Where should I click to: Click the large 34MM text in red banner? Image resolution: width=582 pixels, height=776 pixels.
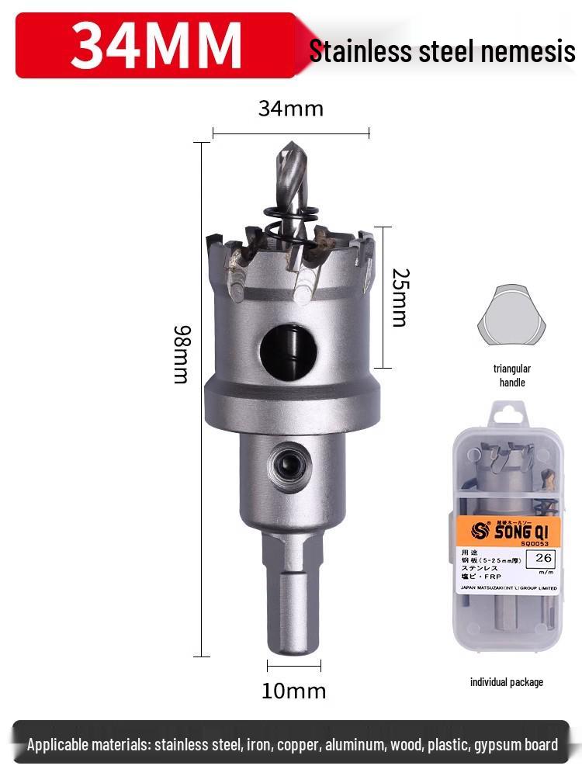tap(156, 45)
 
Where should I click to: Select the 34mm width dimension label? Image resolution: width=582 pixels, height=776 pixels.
tap(290, 109)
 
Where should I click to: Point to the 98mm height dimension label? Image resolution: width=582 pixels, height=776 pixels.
tap(181, 354)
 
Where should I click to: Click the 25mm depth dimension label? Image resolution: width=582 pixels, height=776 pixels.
tap(399, 297)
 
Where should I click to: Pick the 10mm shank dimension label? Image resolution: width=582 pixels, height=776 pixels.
tap(293, 690)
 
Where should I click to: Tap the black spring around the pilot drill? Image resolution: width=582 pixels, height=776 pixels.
tap(290, 225)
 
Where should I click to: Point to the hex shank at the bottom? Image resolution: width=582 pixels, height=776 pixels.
tap(293, 598)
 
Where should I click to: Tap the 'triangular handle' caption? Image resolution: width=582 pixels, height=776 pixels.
tap(511, 376)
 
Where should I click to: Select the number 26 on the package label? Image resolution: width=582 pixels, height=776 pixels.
tap(544, 557)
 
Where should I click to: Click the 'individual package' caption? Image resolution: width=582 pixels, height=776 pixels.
tap(507, 682)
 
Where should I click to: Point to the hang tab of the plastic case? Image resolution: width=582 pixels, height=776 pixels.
tap(507, 420)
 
